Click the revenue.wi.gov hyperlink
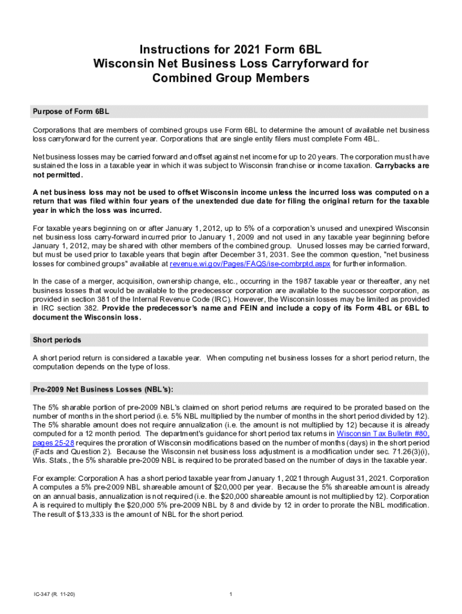[250, 264]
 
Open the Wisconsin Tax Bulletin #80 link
[383, 434]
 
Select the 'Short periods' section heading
[57, 340]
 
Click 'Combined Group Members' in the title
[231, 79]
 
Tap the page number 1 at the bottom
[231, 594]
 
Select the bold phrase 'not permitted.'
[57, 175]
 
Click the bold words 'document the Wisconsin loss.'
[86, 318]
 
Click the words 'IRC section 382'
[64, 309]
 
